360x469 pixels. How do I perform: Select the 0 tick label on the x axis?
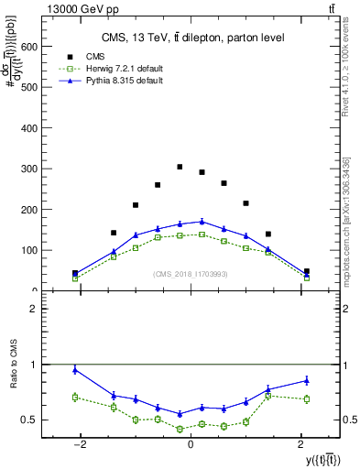click(190, 445)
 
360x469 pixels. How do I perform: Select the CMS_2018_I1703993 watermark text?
click(190, 274)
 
